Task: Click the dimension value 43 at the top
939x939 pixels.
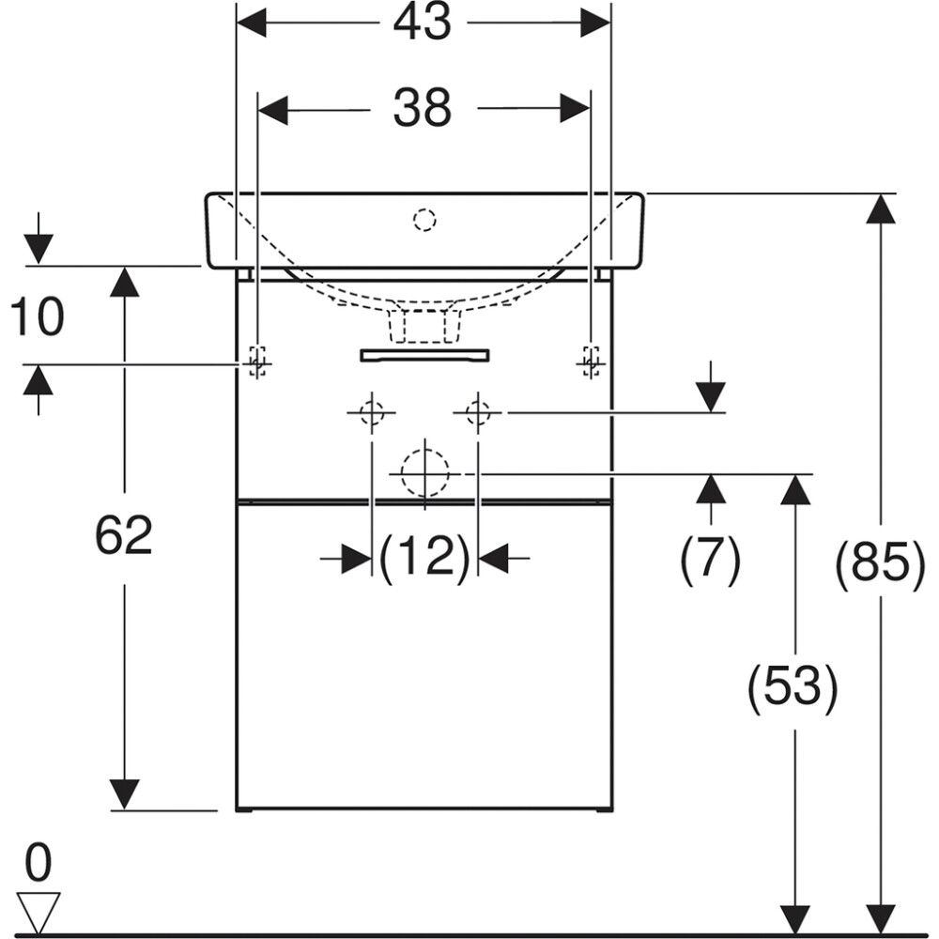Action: point(423,23)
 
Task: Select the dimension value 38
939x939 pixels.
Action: point(423,108)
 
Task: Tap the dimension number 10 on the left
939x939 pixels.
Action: point(38,316)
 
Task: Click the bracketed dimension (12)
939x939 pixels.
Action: point(424,559)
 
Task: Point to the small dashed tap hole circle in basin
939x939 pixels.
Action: point(424,221)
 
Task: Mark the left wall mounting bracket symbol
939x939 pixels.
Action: point(256,361)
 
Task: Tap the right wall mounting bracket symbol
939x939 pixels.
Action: point(591,361)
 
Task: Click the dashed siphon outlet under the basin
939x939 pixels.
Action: point(424,324)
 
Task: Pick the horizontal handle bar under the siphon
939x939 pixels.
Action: point(424,354)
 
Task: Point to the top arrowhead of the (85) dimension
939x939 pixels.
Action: point(881,208)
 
